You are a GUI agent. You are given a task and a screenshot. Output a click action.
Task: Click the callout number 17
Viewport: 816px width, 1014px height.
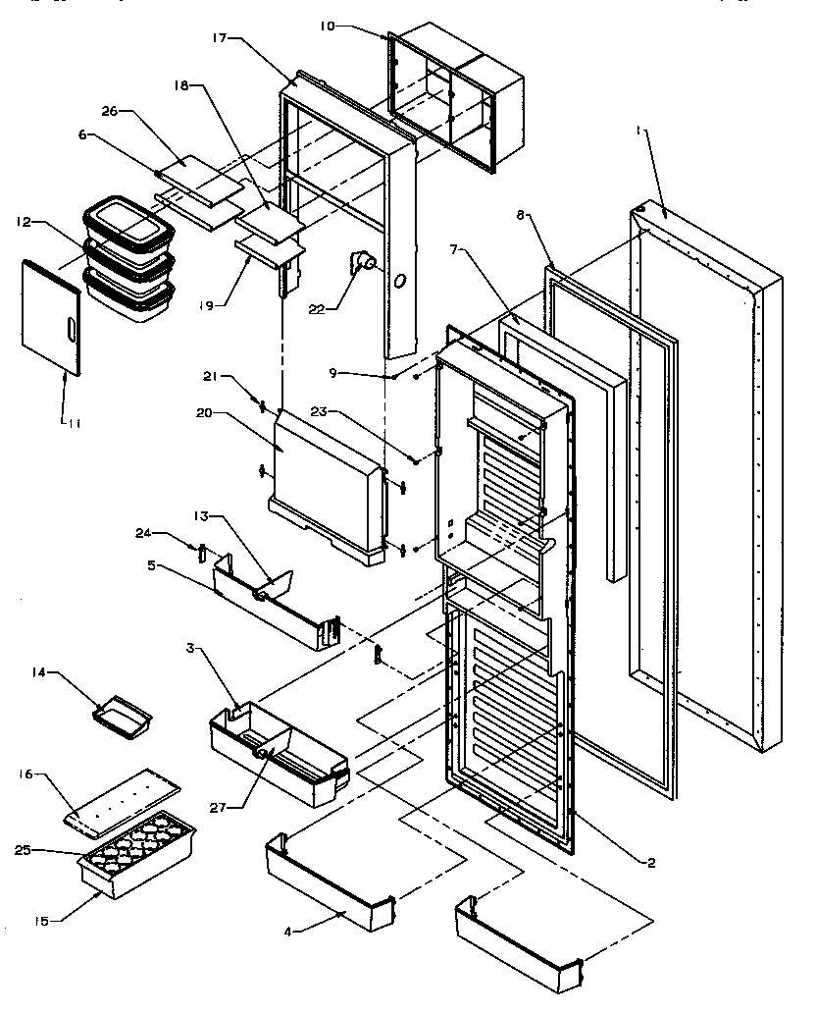(x=218, y=38)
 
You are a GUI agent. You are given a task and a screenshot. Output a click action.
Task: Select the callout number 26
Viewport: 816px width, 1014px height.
(x=110, y=111)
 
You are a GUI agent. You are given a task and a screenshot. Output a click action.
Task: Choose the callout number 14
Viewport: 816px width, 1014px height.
(x=38, y=672)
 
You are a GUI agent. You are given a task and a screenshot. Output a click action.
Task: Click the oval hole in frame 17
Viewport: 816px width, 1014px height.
(x=401, y=282)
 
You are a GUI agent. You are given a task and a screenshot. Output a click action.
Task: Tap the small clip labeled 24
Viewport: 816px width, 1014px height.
(x=201, y=552)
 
